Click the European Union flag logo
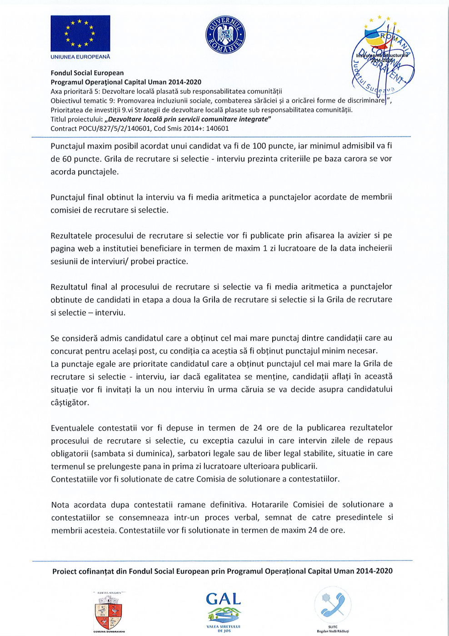[80, 33]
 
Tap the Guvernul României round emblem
[225, 35]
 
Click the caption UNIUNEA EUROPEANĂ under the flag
[80, 57]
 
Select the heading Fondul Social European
[87, 73]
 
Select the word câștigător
[70, 402]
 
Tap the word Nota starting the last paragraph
[60, 505]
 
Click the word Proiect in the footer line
[64, 571]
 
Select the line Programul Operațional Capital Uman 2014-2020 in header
[126, 82]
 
